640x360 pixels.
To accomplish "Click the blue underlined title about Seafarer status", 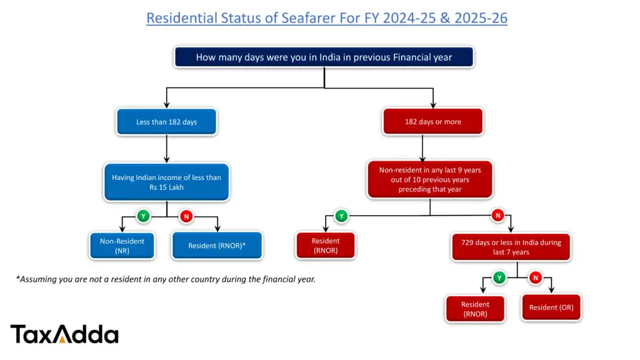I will [x=326, y=18].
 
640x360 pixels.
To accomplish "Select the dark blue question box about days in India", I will [x=324, y=57].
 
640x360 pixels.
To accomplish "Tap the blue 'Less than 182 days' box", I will [x=166, y=122].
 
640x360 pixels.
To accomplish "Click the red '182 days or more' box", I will [x=432, y=122].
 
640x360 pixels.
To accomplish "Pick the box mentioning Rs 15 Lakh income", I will [x=166, y=182].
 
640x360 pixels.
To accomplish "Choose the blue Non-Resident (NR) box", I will [x=122, y=246].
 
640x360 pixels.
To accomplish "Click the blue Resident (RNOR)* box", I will [x=217, y=246].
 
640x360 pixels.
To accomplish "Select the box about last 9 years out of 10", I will [x=429, y=179].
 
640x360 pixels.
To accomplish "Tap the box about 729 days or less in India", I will [x=516, y=247].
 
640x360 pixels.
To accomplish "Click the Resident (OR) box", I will [x=551, y=307].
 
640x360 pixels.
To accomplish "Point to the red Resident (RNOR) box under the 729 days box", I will [x=475, y=309].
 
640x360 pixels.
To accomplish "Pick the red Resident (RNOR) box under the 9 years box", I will [x=325, y=246].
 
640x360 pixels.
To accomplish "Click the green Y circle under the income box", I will [x=143, y=216].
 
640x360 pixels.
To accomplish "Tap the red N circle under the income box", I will [x=186, y=216].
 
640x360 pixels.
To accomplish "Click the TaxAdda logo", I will [x=64, y=334].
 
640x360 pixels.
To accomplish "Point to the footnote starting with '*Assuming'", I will [x=166, y=279].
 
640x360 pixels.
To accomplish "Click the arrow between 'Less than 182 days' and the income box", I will [x=166, y=149].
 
